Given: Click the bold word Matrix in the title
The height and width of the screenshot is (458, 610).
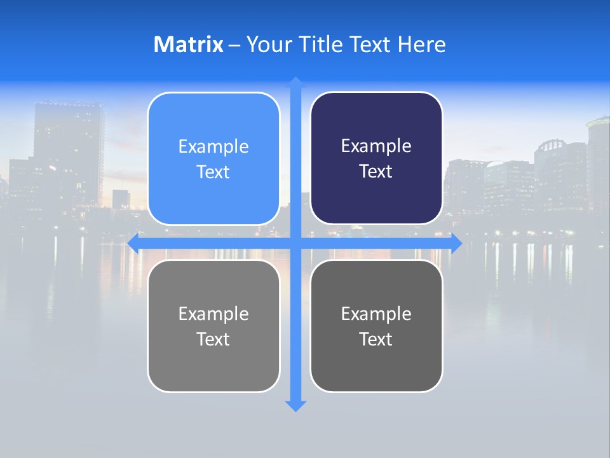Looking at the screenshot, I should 188,45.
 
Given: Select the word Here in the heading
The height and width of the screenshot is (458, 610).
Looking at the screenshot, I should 421,45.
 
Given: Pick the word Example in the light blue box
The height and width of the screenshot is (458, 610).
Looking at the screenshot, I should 213,146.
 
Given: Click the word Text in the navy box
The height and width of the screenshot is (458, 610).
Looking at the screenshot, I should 376,172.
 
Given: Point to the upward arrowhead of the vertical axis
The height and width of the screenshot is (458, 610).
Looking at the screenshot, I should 295,81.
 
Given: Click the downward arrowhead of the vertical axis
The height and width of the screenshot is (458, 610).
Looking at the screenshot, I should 295,406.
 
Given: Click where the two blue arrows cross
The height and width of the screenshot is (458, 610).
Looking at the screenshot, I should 295,244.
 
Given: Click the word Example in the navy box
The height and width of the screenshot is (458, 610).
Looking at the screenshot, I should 376,146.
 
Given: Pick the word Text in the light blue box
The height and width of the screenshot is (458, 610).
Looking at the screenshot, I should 213,172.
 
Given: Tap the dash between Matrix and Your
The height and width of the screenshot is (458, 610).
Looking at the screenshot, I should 234,45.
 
